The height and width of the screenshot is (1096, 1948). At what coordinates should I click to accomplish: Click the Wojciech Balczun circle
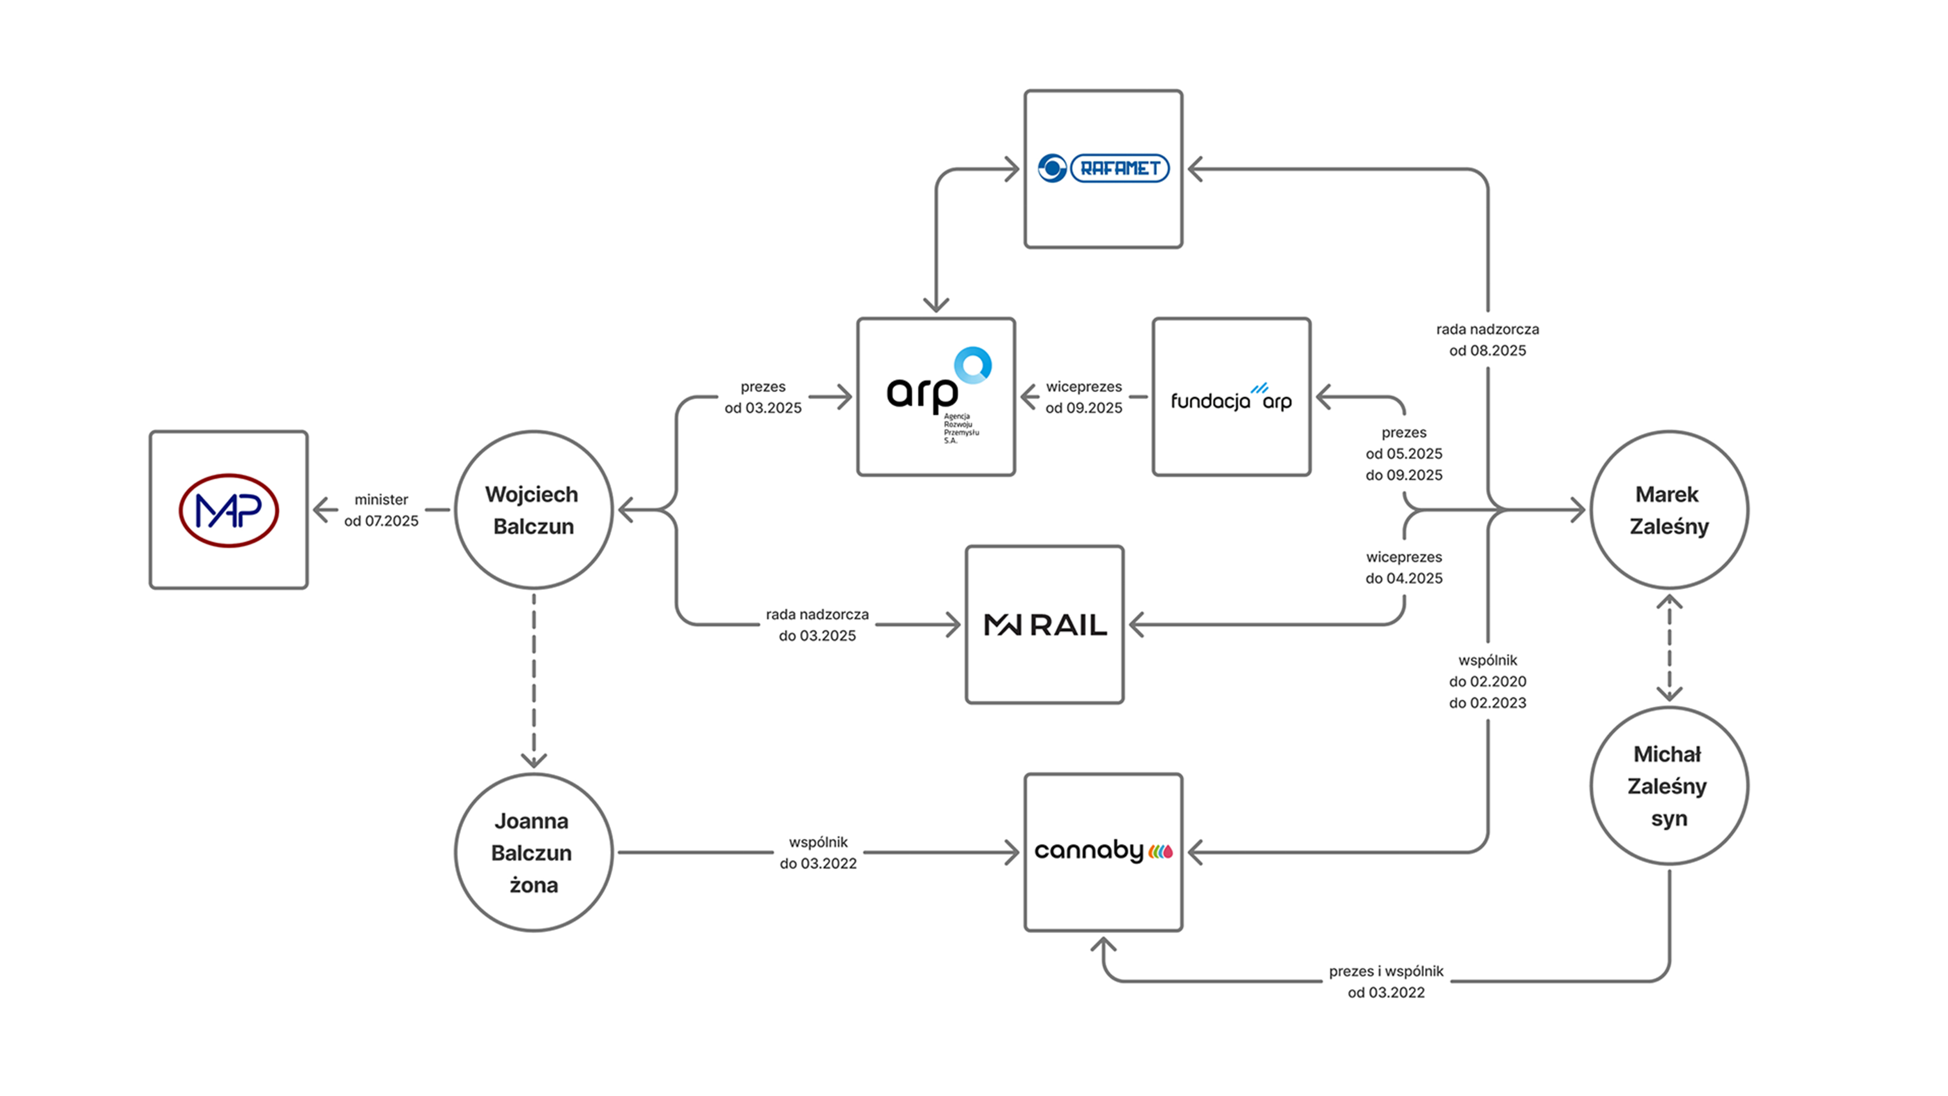(x=533, y=510)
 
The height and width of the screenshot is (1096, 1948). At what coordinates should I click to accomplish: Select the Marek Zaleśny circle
(x=1669, y=510)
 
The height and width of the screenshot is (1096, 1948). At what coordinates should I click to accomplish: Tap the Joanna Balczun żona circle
(x=533, y=852)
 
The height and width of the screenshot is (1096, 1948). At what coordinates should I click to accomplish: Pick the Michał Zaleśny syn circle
(x=1669, y=786)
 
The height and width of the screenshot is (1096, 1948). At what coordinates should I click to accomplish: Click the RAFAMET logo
(x=1103, y=168)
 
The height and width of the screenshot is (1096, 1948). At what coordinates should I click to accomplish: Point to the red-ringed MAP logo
(x=228, y=510)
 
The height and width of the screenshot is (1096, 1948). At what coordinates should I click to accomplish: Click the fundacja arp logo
(x=1231, y=399)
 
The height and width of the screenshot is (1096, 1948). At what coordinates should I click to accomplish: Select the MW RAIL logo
(x=1045, y=625)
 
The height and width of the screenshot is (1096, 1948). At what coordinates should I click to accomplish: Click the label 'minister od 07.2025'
(x=381, y=510)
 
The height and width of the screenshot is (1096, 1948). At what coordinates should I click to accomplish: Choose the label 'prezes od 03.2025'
(x=763, y=397)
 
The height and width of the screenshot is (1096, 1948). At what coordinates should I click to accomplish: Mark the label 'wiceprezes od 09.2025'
(x=1084, y=397)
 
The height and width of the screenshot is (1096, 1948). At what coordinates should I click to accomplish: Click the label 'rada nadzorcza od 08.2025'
(x=1487, y=339)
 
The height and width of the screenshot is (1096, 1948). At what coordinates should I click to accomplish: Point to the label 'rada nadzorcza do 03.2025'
(x=817, y=625)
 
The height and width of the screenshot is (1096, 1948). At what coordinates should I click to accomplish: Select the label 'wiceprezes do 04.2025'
(x=1404, y=567)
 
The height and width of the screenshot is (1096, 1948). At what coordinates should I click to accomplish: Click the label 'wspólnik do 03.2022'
(x=818, y=852)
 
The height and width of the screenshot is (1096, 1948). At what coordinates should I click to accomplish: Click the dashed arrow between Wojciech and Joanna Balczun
(x=534, y=681)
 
